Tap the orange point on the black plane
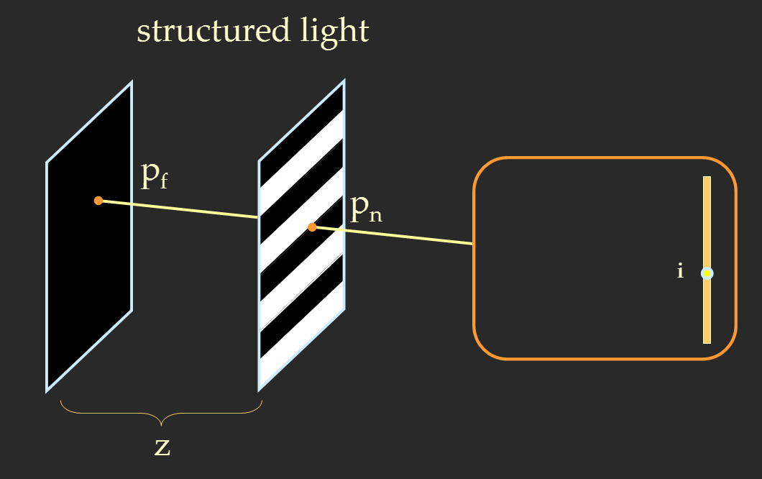98,201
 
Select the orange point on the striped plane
312,227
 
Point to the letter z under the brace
162,447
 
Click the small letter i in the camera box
680,272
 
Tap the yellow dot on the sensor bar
707,273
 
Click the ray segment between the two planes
180,209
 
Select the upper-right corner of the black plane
132,83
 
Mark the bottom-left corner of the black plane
47,391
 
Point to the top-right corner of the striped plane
344,81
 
